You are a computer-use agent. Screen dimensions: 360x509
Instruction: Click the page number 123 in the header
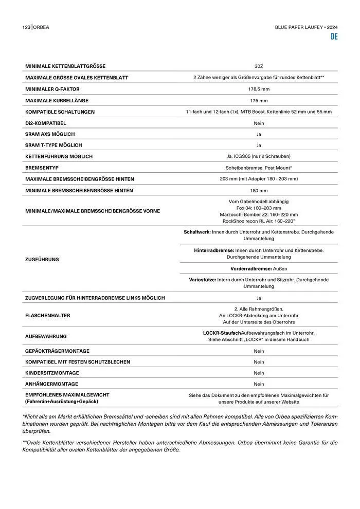26,27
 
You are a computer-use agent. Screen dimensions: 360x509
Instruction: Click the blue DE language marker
334,37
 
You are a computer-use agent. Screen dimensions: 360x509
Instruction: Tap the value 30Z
259,66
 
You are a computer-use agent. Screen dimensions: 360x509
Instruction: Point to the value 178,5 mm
259,89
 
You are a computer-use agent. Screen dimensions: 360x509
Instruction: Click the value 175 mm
259,100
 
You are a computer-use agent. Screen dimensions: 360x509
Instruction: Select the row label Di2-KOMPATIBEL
46,123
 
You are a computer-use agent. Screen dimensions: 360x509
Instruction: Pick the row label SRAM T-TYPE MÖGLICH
53,145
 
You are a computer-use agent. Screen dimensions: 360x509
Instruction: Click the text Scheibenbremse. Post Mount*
259,168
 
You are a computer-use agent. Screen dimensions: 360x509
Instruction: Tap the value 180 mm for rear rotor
259,190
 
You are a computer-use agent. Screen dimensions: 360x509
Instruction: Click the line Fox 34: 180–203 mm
259,208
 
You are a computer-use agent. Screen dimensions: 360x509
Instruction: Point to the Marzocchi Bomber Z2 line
259,214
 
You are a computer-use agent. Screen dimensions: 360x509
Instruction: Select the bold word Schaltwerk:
197,232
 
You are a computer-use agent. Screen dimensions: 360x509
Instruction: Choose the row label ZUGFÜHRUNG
42,259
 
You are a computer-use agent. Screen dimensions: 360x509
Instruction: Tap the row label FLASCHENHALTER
48,315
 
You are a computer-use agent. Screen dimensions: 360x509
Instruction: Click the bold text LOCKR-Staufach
226,333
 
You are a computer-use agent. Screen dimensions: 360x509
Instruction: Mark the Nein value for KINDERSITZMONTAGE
259,373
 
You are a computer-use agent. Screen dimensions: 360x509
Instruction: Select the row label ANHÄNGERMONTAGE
52,384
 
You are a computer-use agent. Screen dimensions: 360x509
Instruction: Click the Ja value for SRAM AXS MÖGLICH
259,134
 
